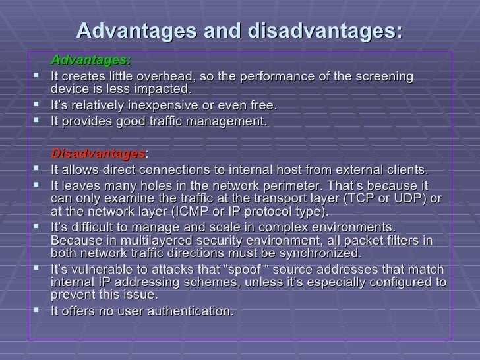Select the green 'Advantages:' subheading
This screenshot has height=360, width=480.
tap(91, 61)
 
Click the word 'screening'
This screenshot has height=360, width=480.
tap(382, 76)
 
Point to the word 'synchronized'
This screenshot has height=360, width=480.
tap(320, 253)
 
